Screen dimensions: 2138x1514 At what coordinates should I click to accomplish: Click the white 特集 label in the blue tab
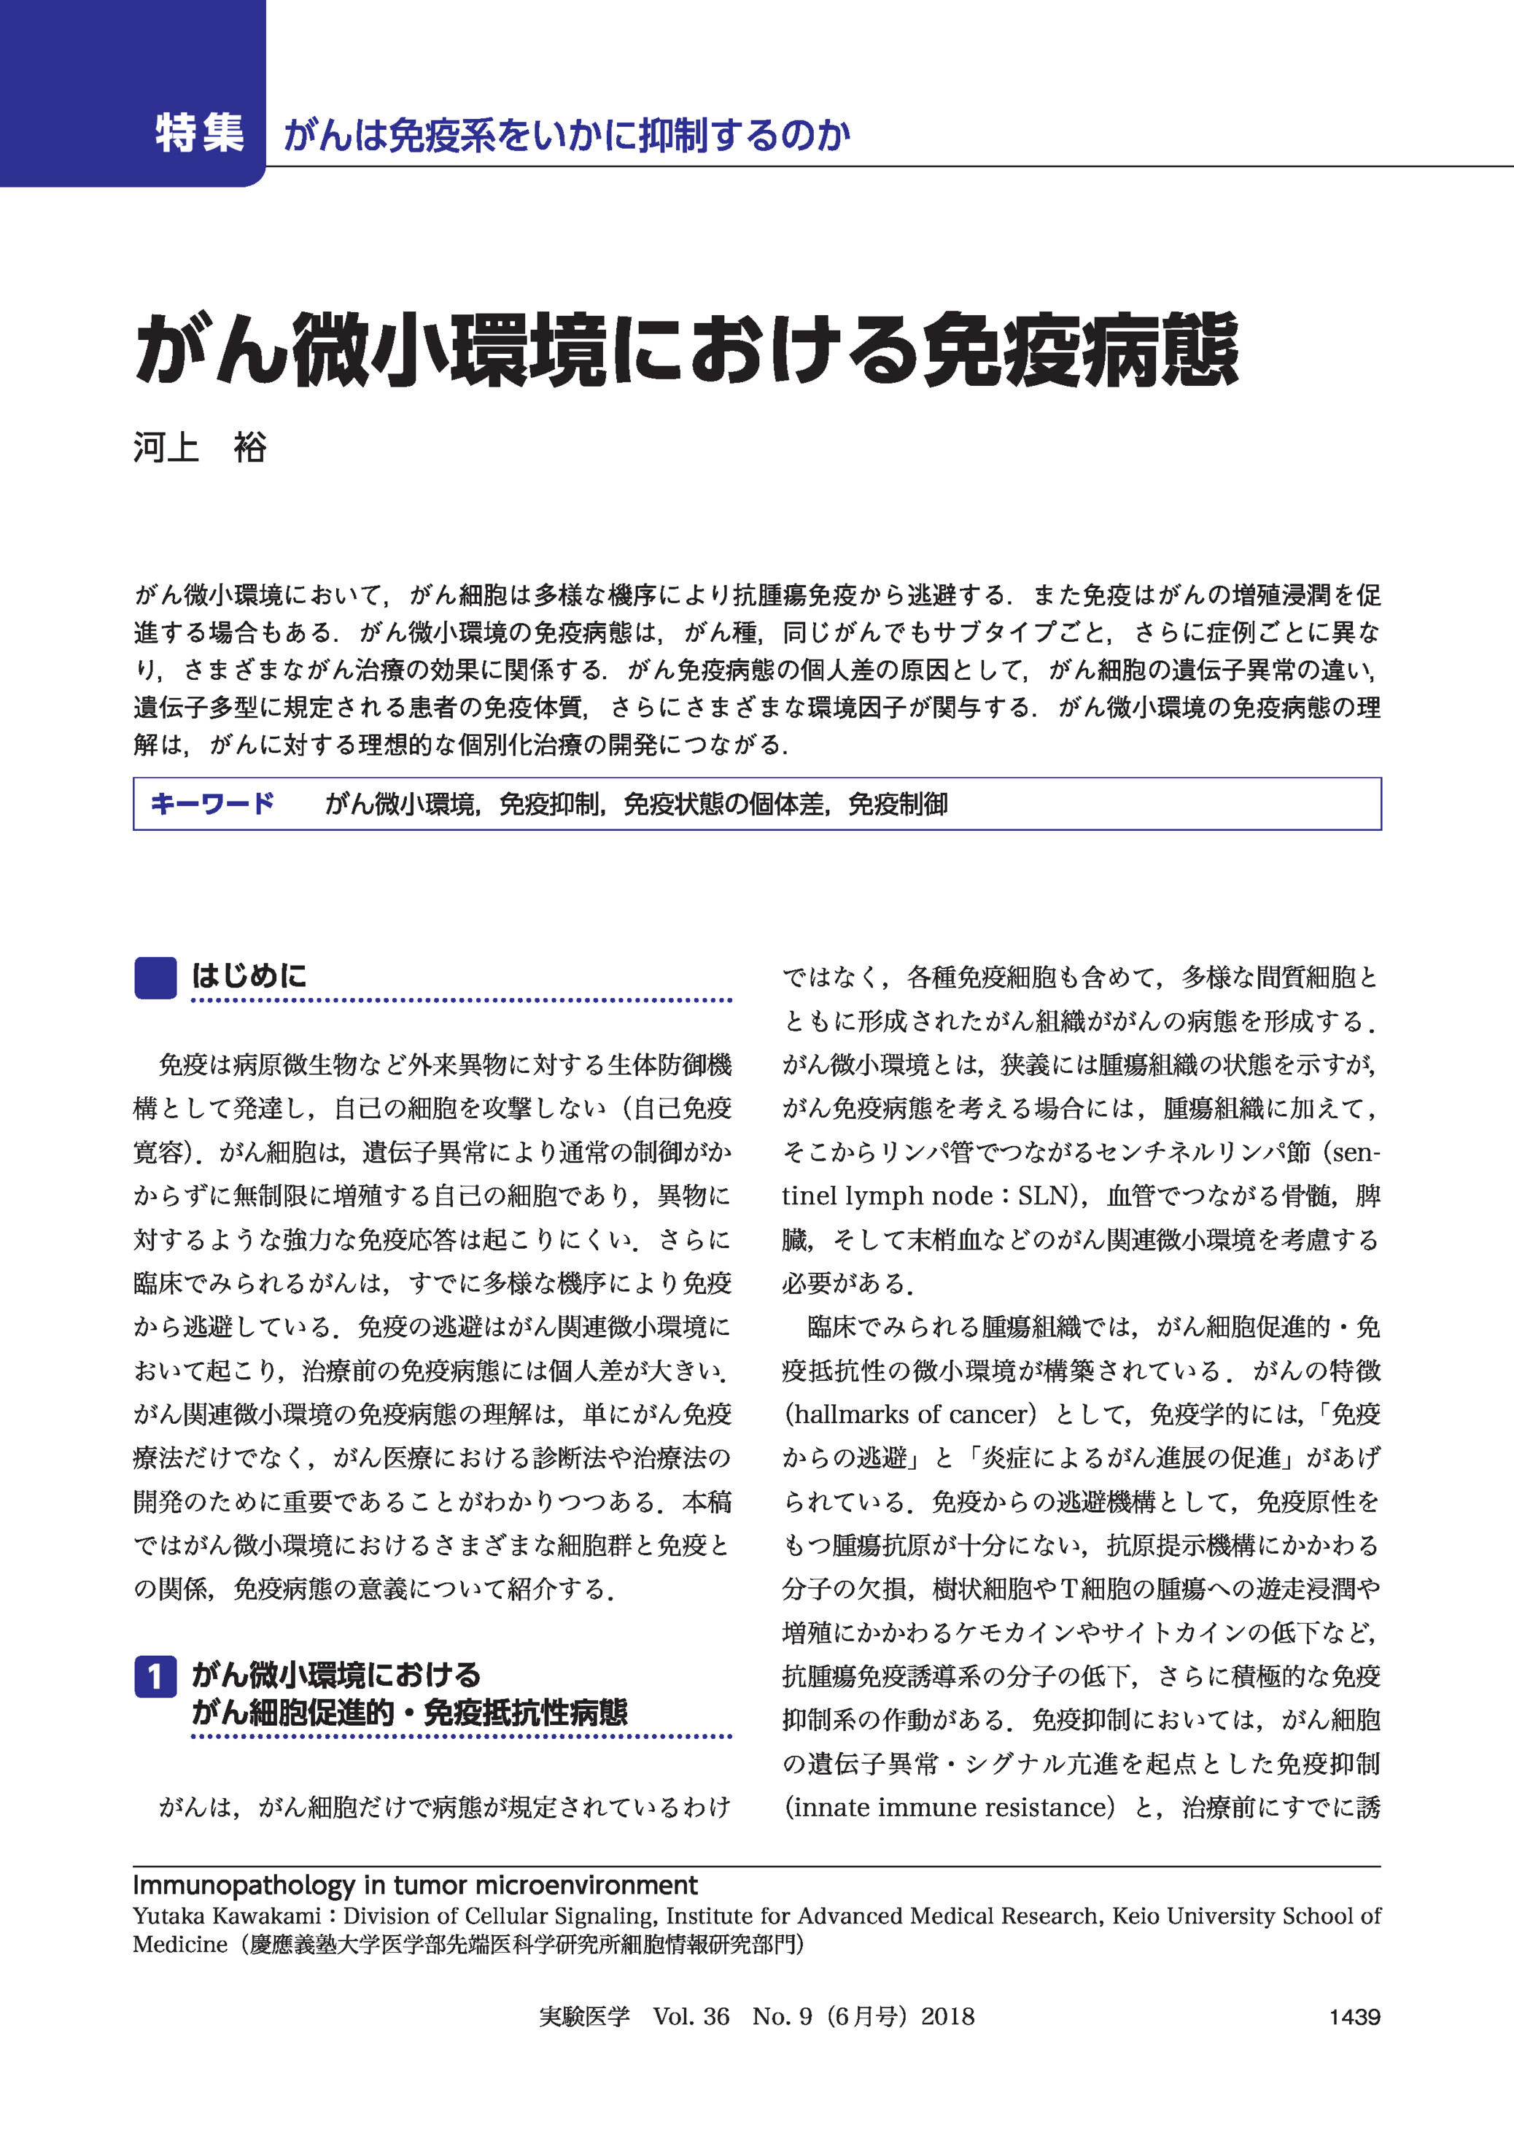point(200,133)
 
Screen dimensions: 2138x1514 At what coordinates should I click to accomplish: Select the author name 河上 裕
point(200,448)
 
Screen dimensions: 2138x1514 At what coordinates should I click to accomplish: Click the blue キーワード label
point(211,803)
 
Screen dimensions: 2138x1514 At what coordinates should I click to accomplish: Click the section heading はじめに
point(249,976)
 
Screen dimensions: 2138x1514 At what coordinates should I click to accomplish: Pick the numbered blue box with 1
point(155,1676)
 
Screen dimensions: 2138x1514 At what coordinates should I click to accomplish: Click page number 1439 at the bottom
point(1354,2017)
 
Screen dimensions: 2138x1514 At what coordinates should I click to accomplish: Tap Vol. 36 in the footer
point(691,2017)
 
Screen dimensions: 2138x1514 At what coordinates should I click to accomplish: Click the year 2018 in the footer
point(947,2017)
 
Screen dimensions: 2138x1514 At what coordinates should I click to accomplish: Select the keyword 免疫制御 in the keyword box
point(898,804)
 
